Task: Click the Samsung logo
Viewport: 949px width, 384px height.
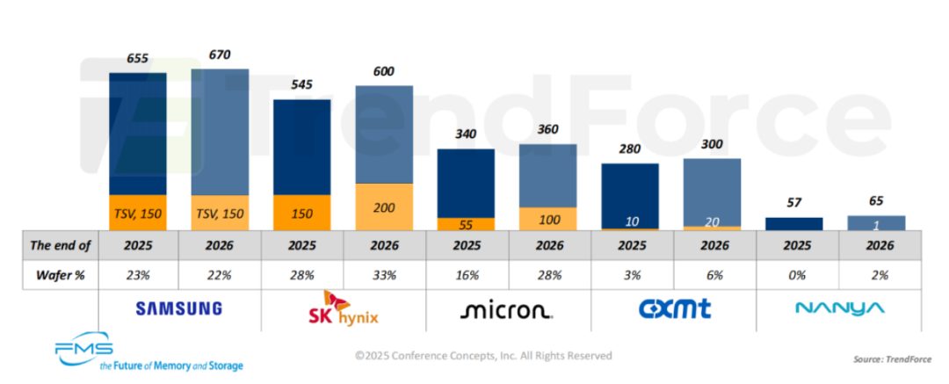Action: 178,308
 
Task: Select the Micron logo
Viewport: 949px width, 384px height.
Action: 507,309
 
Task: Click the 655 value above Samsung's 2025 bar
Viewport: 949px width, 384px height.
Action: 138,59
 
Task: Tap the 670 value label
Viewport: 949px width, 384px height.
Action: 220,54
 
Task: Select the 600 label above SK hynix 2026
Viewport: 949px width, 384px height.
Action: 384,72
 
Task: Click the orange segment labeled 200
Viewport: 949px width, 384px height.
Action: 384,206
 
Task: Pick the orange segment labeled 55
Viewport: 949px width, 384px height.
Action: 466,223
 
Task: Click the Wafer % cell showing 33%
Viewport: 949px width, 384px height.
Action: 384,275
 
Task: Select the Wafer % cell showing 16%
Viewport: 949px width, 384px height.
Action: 466,275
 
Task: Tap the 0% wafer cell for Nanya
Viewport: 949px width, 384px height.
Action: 794,275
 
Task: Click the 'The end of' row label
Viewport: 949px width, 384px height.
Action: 58,245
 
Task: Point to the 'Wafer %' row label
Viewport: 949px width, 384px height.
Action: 58,275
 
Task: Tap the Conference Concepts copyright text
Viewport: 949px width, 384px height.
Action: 483,356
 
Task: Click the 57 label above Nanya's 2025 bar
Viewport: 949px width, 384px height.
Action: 794,203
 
